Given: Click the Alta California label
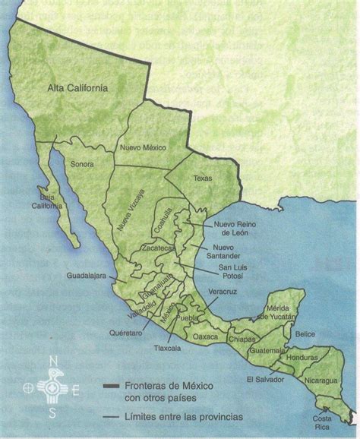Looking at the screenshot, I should [x=77, y=88].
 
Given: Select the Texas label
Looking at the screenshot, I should [x=203, y=178].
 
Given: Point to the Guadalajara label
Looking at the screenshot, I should [x=90, y=277].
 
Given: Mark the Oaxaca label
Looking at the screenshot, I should [x=205, y=336].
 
